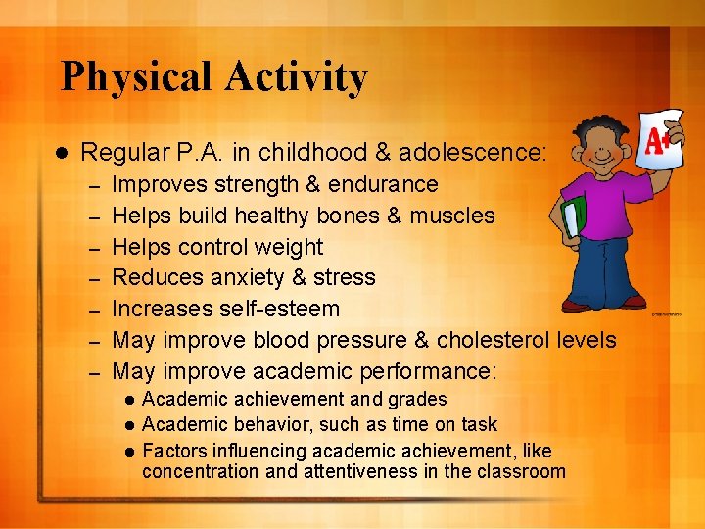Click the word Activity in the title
(300, 76)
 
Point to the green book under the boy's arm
(575, 216)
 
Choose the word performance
(424, 371)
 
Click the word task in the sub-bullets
(479, 424)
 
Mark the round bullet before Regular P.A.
(59, 153)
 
